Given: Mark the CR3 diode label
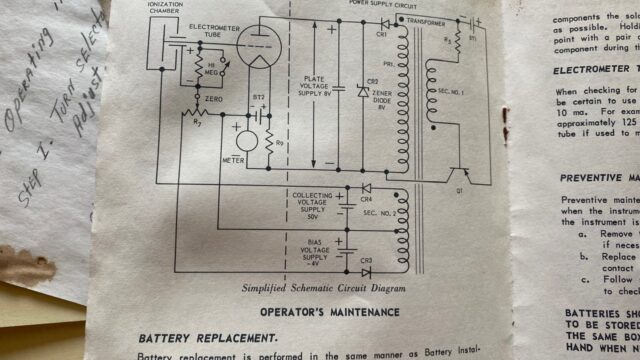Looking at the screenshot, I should point(367,260).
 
